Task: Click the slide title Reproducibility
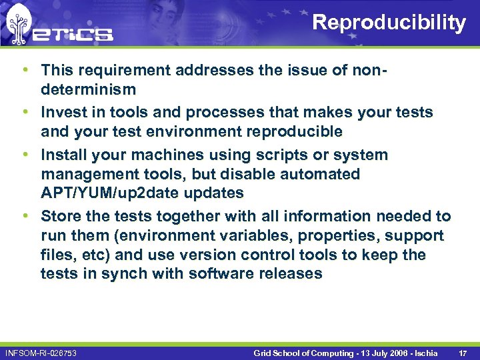389,23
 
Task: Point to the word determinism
88,89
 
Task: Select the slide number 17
463,352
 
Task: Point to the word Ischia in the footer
424,352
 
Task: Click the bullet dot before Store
24,216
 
